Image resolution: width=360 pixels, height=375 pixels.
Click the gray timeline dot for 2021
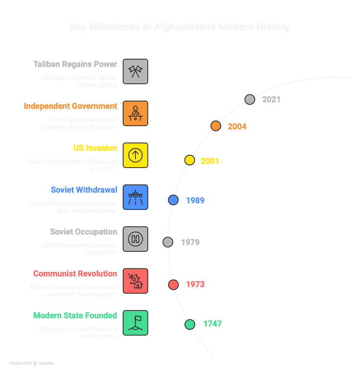click(250, 99)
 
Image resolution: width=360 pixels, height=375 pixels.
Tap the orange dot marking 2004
click(216, 126)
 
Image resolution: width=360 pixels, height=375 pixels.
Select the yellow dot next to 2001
click(189, 160)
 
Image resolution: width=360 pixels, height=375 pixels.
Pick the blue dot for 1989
click(173, 200)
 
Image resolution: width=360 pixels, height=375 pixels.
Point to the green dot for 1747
click(190, 324)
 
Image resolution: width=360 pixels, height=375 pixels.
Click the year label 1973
click(195, 284)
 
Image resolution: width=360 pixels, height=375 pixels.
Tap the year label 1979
click(190, 242)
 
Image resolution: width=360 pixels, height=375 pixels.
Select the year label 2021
click(271, 99)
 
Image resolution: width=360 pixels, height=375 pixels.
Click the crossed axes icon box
click(135, 71)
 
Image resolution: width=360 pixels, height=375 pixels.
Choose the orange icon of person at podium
click(135, 113)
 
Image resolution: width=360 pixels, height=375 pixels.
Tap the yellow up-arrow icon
click(135, 155)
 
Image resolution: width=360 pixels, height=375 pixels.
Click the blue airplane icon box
click(135, 197)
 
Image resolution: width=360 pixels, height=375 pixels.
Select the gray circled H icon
click(135, 239)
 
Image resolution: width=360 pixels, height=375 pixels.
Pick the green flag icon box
click(135, 323)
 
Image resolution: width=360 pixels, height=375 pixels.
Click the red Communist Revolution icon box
click(135, 281)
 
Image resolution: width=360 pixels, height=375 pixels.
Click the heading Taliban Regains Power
click(75, 64)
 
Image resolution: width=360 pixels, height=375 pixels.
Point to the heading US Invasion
click(95, 148)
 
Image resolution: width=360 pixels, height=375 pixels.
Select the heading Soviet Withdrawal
click(84, 190)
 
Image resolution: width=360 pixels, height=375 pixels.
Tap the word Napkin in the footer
click(47, 363)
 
